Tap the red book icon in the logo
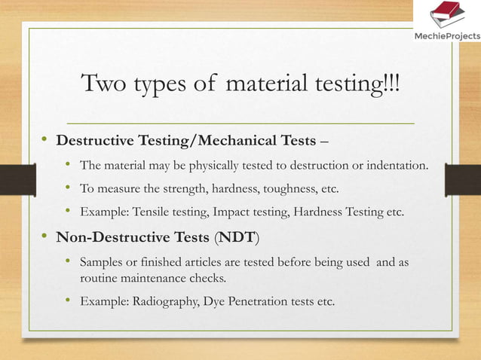(445, 14)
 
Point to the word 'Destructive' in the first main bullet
(94, 140)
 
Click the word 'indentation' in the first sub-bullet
(398, 166)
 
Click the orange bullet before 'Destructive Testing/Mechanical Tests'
(45, 139)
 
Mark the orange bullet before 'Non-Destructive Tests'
(45, 237)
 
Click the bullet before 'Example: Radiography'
(68, 301)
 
